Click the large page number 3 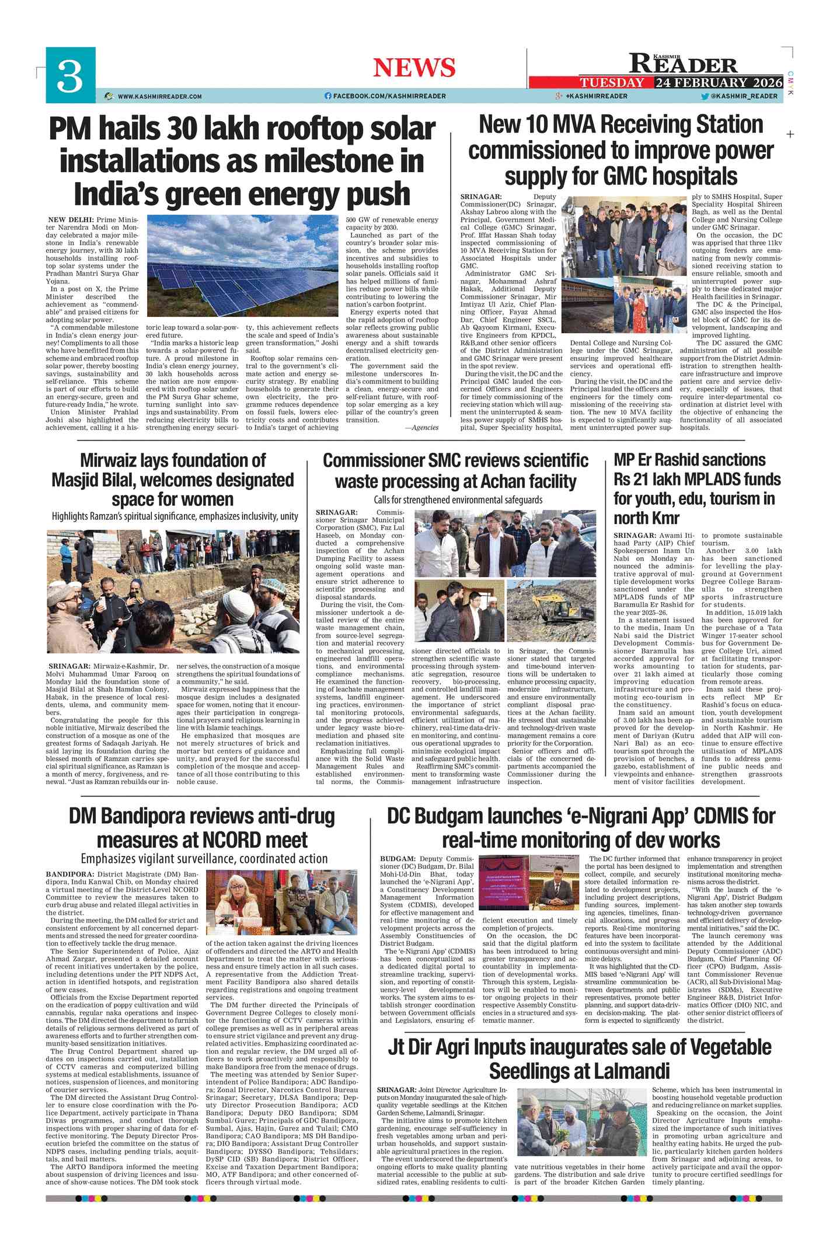click(70, 77)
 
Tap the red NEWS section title click(414, 68)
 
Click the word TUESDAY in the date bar click(611, 83)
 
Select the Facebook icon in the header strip click(328, 96)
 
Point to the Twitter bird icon click(705, 96)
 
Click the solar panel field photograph click(244, 265)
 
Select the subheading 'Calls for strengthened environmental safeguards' click(458, 500)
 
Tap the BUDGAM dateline click(397, 859)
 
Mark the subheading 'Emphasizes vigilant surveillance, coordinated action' click(204, 859)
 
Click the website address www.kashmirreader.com click(159, 96)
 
